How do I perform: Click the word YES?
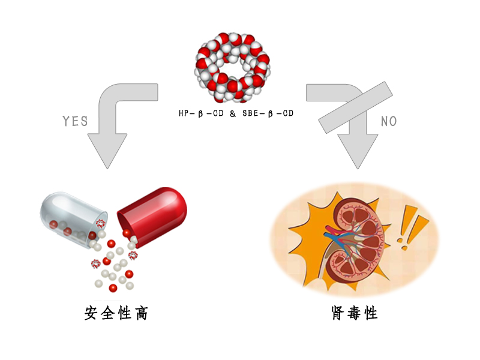point(76,121)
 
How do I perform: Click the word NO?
point(389,121)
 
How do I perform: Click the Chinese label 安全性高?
point(116,313)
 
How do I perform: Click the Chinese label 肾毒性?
point(354,313)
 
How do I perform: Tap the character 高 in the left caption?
point(140,313)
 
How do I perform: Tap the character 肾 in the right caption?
point(337,313)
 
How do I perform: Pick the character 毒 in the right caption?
point(354,313)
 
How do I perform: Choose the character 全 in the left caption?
point(108,313)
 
